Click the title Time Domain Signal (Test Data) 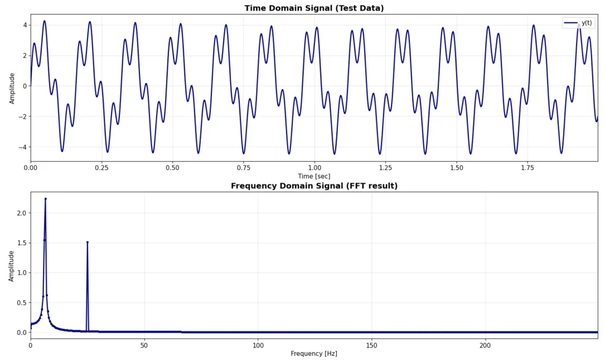tap(314, 8)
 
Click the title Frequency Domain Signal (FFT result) tap(314, 186)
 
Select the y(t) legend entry tap(579, 22)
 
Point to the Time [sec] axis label tap(314, 176)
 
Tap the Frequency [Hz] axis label tap(314, 353)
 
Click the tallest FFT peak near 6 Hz tap(45, 199)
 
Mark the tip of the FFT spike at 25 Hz tap(87, 242)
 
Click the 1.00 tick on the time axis tap(314, 168)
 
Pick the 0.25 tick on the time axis tap(101, 168)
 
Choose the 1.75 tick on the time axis tap(528, 168)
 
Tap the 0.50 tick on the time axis tap(173, 168)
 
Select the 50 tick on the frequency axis tap(144, 345)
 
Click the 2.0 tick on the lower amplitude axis tap(21, 213)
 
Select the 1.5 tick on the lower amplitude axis tap(21, 243)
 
